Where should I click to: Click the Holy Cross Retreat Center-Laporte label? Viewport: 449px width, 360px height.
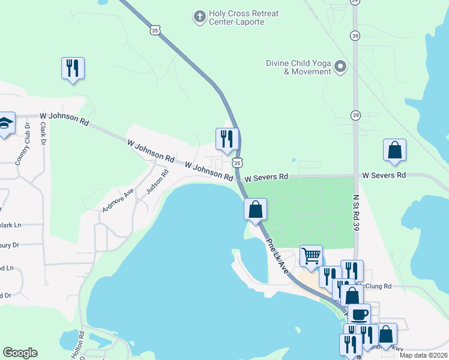(x=237, y=17)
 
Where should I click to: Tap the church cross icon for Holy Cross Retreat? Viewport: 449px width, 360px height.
(x=199, y=16)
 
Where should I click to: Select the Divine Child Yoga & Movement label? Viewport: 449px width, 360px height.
(x=299, y=67)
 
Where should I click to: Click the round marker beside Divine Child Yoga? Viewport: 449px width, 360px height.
(x=341, y=66)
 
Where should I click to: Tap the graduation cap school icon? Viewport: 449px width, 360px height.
(x=5, y=123)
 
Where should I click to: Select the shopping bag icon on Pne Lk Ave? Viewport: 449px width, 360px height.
(x=255, y=210)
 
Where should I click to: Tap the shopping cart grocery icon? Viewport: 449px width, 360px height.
(x=311, y=256)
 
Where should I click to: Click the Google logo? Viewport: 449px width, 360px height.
(x=20, y=353)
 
